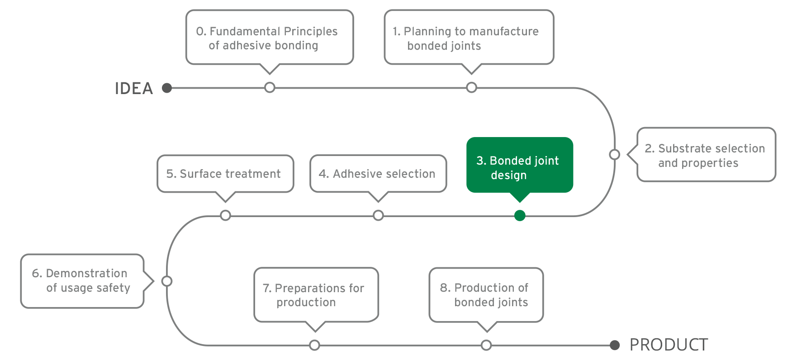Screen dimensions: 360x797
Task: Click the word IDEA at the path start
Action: click(133, 88)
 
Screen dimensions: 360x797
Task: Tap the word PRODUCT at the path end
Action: click(668, 345)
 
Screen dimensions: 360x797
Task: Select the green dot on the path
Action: click(520, 216)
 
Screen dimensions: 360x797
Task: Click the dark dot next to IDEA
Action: click(167, 88)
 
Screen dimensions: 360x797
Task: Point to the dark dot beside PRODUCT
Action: click(614, 346)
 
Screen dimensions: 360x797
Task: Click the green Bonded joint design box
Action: click(519, 166)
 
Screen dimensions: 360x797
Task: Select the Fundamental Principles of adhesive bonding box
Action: click(269, 38)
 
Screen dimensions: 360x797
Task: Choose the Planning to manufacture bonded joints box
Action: click(469, 38)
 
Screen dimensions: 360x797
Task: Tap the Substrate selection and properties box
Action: click(706, 155)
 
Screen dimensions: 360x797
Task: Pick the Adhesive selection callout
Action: click(378, 174)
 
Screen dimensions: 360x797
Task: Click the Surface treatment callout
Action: click(225, 174)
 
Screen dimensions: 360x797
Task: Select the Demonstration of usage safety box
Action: click(82, 281)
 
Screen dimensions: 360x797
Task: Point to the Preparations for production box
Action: click(316, 295)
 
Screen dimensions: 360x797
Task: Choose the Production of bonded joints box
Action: click(486, 295)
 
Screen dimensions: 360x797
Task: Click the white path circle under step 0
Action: click(270, 87)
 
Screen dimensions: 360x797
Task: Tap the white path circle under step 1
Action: click(471, 87)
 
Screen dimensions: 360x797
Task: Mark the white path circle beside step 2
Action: click(614, 155)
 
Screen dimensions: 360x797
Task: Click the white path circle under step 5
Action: click(225, 215)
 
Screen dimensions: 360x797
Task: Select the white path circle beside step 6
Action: click(167, 281)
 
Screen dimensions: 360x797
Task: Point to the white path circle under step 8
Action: click(486, 346)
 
